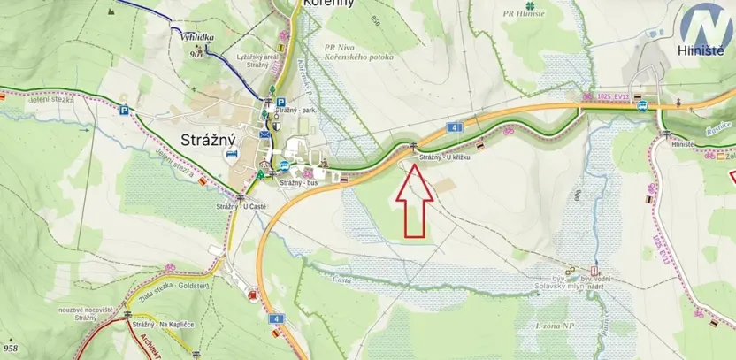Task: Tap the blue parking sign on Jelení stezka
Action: [124, 111]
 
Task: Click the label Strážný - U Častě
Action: [241, 206]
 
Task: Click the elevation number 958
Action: [10, 349]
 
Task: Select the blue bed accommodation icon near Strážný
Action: [232, 153]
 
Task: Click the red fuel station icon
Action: [254, 295]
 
